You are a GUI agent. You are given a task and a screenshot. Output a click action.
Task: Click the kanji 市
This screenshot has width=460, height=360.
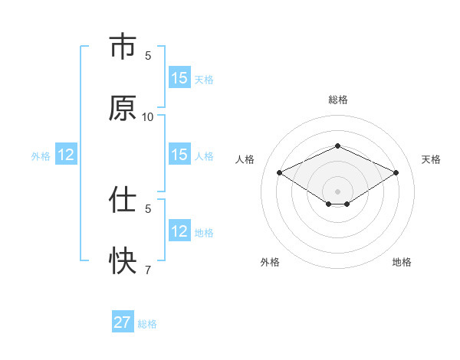(122, 47)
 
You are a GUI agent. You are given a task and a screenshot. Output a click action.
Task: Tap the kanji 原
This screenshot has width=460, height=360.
(122, 109)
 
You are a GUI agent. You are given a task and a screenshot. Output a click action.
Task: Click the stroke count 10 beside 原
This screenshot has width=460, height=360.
(148, 116)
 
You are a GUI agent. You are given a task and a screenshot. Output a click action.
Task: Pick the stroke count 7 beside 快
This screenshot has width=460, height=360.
(148, 270)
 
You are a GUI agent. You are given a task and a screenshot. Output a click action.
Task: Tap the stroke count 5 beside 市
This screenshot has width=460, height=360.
(148, 55)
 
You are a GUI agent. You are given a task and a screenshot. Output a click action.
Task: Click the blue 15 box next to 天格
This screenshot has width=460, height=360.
(179, 78)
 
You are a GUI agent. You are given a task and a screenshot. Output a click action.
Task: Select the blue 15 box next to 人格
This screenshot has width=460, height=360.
(179, 155)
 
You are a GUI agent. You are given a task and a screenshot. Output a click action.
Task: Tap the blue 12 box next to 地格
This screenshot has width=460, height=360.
(179, 231)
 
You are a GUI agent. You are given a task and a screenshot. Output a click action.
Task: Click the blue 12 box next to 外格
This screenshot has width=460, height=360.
(66, 155)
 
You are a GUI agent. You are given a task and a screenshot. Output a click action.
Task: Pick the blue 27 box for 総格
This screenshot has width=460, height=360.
(123, 322)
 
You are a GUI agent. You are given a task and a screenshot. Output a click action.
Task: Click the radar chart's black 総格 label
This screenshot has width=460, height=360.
(337, 100)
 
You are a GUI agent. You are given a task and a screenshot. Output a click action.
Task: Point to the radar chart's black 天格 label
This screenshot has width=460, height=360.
(431, 159)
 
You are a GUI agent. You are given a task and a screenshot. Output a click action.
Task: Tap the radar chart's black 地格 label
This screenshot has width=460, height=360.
(402, 262)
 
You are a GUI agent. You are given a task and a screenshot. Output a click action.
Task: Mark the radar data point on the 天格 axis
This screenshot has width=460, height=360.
(396, 173)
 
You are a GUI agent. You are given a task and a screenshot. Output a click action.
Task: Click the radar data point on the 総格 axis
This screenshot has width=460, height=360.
(337, 145)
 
